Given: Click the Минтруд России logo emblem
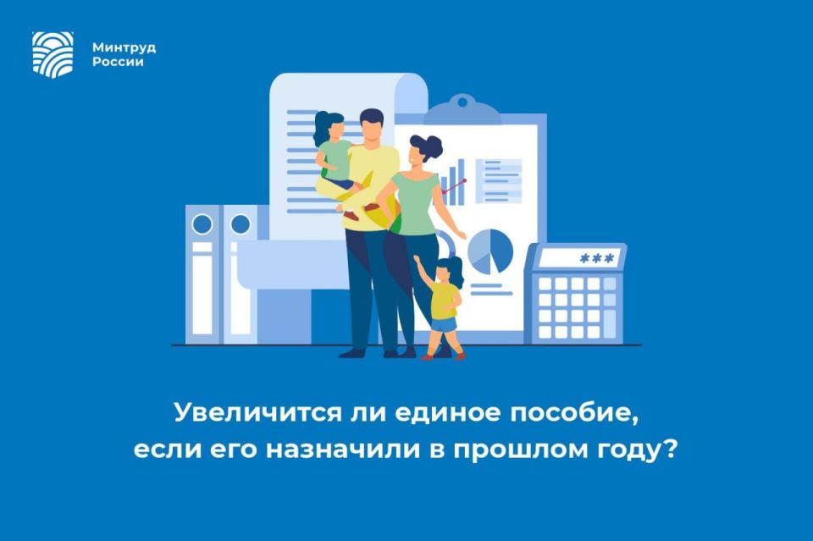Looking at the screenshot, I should [x=53, y=54].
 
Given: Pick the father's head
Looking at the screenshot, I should [x=371, y=126].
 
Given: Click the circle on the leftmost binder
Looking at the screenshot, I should [x=202, y=224].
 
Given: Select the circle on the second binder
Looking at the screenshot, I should [x=241, y=224].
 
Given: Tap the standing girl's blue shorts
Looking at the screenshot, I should [x=443, y=323].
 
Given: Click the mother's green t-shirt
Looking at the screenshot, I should [x=414, y=203].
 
